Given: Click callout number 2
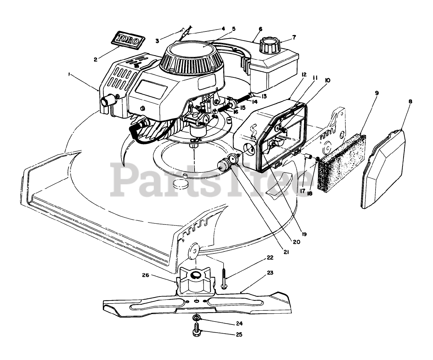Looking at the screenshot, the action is pos(96,59).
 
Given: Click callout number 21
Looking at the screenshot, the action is pos(287,252).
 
